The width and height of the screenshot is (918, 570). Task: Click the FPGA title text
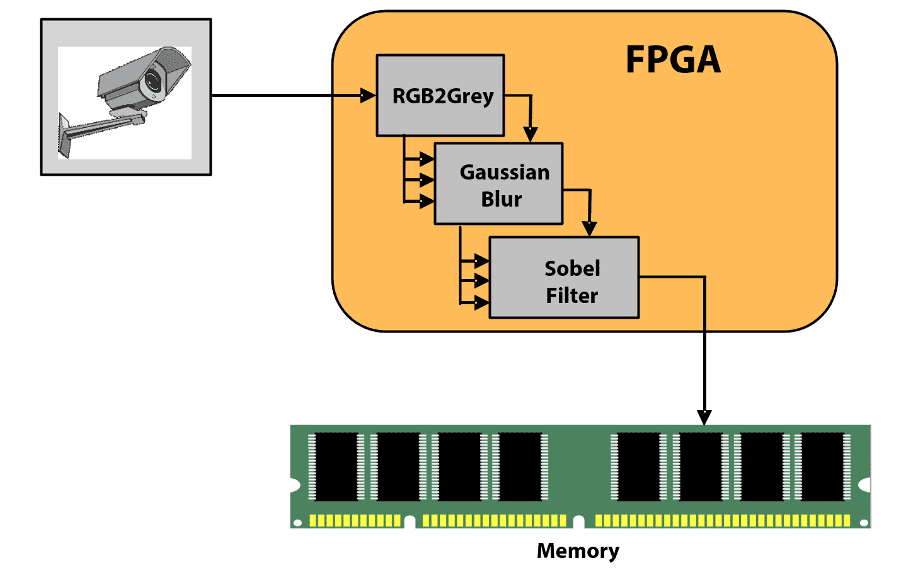click(x=672, y=60)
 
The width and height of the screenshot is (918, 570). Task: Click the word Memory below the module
click(x=578, y=550)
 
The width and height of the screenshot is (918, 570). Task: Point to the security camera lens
click(x=152, y=81)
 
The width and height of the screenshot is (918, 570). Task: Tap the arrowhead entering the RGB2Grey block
click(x=368, y=96)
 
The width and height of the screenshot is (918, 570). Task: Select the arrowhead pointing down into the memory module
click(x=704, y=418)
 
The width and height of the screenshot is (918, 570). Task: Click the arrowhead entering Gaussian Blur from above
click(x=531, y=135)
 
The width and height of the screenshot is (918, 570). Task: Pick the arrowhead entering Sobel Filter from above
click(x=589, y=229)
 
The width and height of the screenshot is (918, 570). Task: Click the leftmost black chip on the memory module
click(x=336, y=467)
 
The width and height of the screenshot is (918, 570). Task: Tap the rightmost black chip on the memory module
click(x=822, y=467)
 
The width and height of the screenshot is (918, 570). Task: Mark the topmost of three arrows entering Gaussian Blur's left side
click(x=427, y=159)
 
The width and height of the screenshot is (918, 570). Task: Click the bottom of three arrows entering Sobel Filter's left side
click(x=481, y=303)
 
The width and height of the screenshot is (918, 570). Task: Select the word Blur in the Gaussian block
click(x=501, y=199)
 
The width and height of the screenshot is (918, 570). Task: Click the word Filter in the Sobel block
click(x=571, y=295)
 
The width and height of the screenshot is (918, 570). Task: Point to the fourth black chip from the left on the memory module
click(x=520, y=467)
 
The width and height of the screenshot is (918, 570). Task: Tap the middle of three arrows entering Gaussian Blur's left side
click(x=427, y=181)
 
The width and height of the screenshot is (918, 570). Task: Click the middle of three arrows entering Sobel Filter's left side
click(x=481, y=280)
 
